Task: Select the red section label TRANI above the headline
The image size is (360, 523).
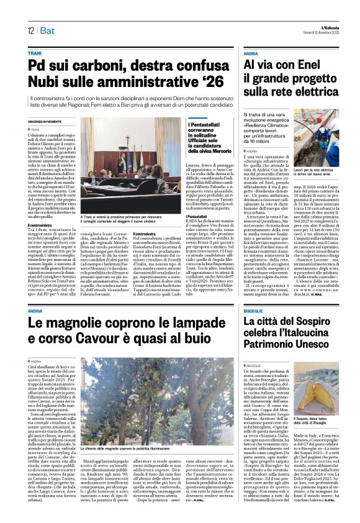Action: [35, 54]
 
